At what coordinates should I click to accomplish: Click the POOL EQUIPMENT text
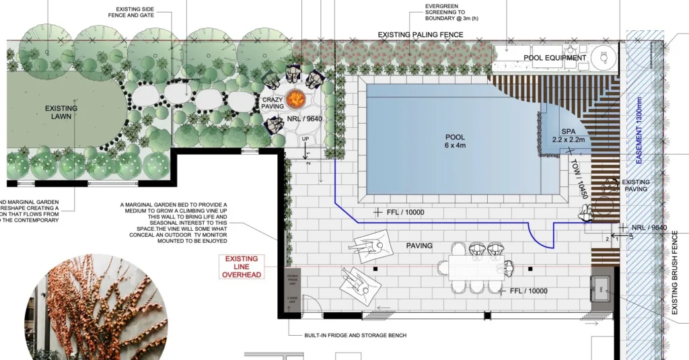(555, 58)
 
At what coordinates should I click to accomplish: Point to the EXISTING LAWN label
(61, 112)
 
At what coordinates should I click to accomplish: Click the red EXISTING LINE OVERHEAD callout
(242, 266)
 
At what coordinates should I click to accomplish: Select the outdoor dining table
(475, 266)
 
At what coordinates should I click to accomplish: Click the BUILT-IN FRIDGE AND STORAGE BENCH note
(347, 335)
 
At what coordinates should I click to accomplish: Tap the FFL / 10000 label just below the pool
(406, 213)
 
